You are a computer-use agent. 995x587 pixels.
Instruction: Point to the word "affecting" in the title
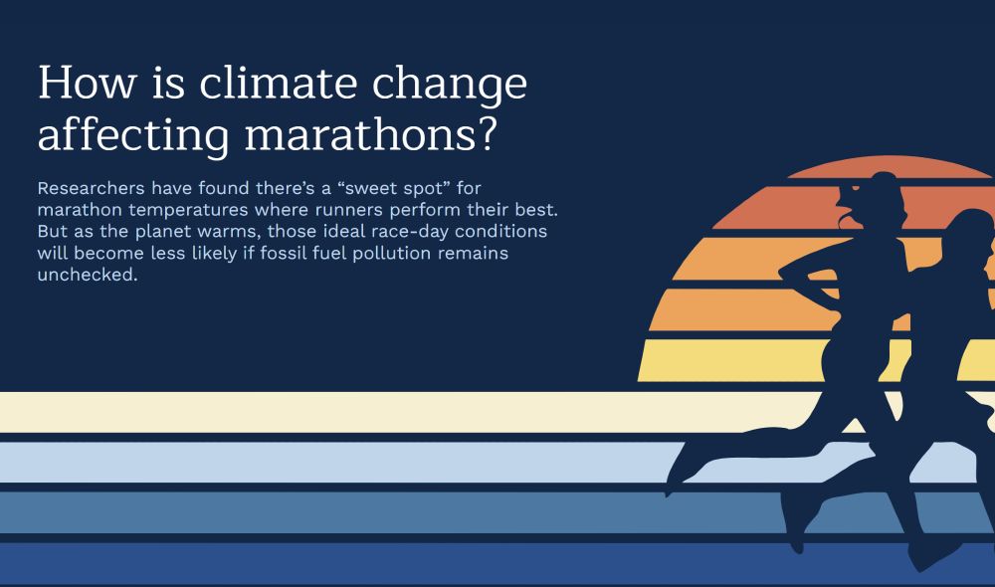pos(117,135)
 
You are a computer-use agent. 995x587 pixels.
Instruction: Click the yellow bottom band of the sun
pos(736,360)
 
